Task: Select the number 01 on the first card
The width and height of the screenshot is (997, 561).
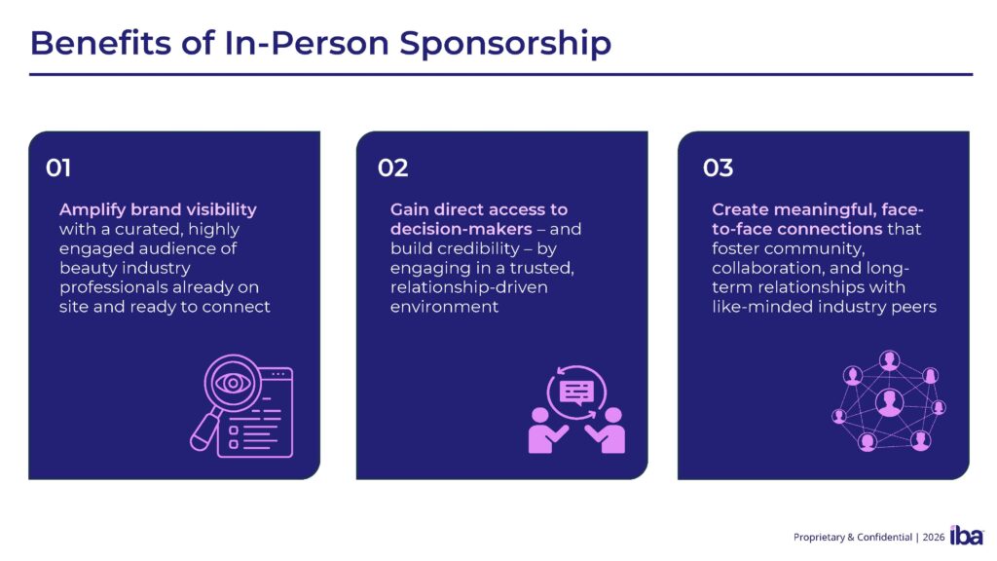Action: click(58, 168)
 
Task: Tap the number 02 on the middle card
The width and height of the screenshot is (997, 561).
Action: click(392, 168)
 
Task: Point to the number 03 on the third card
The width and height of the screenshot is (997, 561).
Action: click(718, 168)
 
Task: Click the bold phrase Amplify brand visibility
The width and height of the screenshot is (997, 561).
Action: click(158, 209)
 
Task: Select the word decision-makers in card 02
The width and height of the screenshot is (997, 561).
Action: click(455, 229)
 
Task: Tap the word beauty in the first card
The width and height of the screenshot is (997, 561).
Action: click(85, 268)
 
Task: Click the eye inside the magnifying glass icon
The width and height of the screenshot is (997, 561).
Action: click(234, 383)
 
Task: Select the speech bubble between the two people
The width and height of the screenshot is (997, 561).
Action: click(576, 392)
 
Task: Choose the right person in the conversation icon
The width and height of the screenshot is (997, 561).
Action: click(612, 430)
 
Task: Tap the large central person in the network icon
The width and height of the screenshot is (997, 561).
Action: click(889, 401)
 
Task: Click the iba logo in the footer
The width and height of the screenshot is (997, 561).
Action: click(966, 535)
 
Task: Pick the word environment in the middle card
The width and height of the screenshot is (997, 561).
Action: click(444, 307)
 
